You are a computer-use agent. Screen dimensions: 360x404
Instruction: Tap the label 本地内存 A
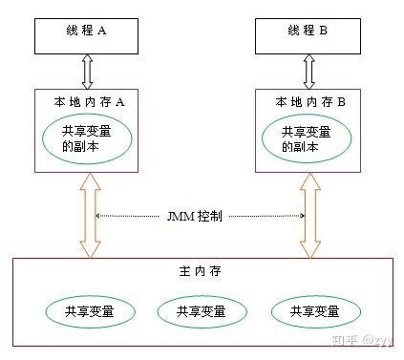click(87, 100)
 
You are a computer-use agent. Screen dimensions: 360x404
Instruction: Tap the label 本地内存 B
click(307, 100)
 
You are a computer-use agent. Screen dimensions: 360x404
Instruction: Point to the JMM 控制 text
click(201, 217)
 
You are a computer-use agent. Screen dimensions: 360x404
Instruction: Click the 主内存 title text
click(200, 272)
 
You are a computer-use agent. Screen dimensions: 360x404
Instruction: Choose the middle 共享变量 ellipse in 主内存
click(201, 311)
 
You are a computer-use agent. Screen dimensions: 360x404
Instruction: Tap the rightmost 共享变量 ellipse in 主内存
click(316, 311)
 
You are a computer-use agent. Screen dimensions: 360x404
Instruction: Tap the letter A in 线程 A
click(102, 31)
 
